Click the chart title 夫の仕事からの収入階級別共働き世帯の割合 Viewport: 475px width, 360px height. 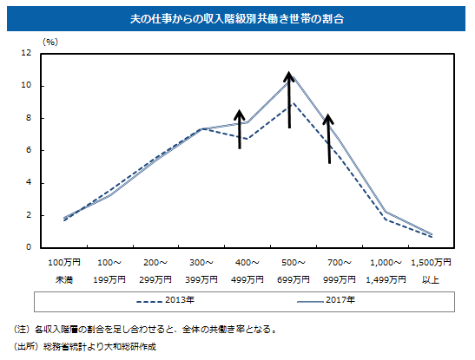(237, 19)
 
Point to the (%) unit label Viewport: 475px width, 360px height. (50, 42)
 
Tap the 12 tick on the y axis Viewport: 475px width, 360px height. (26, 53)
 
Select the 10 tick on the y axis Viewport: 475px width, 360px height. (26, 85)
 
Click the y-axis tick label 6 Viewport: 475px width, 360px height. (29, 150)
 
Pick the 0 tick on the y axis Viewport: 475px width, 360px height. (29, 247)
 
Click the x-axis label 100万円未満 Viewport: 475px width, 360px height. (64, 271)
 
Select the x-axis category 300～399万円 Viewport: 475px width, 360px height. (201, 271)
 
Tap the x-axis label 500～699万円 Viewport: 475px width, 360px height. (294, 271)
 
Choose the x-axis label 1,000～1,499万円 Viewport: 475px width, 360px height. (386, 271)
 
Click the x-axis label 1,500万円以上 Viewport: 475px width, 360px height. (431, 271)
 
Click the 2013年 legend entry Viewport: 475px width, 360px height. (165, 300)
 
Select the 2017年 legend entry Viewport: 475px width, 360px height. (326, 300)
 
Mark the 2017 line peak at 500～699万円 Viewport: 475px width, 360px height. (293, 77)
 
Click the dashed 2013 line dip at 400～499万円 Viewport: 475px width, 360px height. (247, 139)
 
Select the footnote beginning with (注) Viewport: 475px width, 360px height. (145, 329)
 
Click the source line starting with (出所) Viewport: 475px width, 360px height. (85, 346)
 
